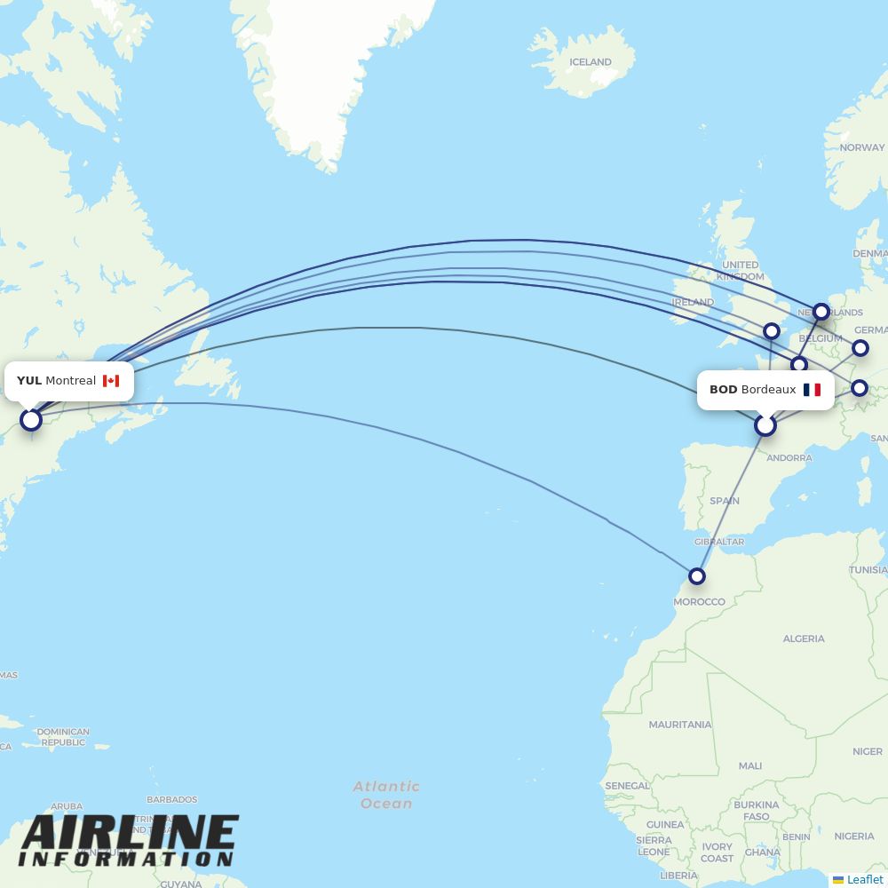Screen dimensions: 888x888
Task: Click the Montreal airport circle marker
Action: pyautogui.click(x=31, y=419)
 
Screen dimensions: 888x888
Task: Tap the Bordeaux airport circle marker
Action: pyautogui.click(x=765, y=426)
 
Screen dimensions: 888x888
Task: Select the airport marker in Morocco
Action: pyautogui.click(x=697, y=576)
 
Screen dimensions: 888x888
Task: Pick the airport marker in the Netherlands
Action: pyautogui.click(x=821, y=312)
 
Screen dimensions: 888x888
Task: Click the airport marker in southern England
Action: pyautogui.click(x=772, y=331)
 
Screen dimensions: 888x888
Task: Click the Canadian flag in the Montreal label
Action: pyautogui.click(x=111, y=381)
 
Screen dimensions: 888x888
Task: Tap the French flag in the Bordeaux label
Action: pyautogui.click(x=812, y=390)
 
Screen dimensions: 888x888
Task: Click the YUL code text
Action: pyautogui.click(x=29, y=381)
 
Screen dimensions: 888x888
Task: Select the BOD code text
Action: pyautogui.click(x=723, y=390)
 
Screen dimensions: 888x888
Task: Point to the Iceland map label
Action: pyautogui.click(x=591, y=62)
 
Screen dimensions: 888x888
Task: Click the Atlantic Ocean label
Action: pyautogui.click(x=386, y=795)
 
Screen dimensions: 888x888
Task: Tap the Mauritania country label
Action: pyautogui.click(x=680, y=725)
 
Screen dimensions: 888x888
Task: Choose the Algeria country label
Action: pyautogui.click(x=804, y=638)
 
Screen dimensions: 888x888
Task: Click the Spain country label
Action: pyautogui.click(x=725, y=501)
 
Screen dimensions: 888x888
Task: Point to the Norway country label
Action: pyautogui.click(x=861, y=147)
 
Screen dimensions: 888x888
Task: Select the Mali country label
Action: pyautogui.click(x=749, y=765)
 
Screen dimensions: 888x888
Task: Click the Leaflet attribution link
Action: pyautogui.click(x=864, y=879)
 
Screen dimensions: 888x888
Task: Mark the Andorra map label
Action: pyautogui.click(x=789, y=458)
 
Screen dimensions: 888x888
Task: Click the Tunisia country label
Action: pyautogui.click(x=868, y=570)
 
